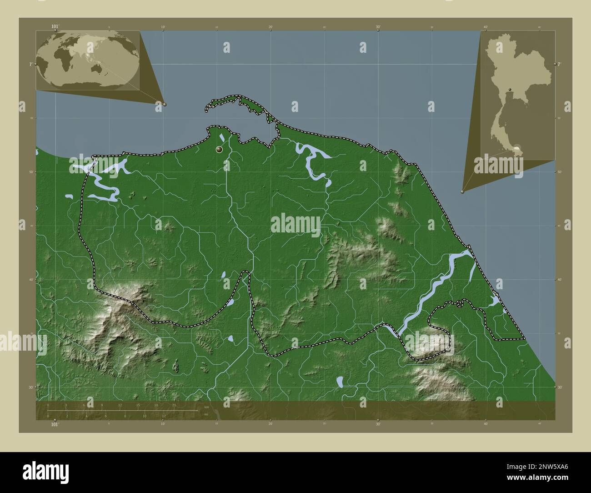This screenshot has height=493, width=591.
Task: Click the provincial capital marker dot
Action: (220, 149)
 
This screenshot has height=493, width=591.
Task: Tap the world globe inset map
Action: (87, 60)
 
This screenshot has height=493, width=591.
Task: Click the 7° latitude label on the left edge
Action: (30, 64)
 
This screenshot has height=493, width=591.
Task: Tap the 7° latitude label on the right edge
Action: (559, 64)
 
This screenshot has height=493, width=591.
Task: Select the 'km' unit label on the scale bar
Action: (206, 407)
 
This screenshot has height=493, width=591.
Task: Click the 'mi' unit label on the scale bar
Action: (206, 415)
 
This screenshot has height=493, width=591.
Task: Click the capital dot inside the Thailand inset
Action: (510, 89)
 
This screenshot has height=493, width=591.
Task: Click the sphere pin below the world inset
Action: (165, 104)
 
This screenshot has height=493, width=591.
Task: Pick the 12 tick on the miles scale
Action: (164, 416)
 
